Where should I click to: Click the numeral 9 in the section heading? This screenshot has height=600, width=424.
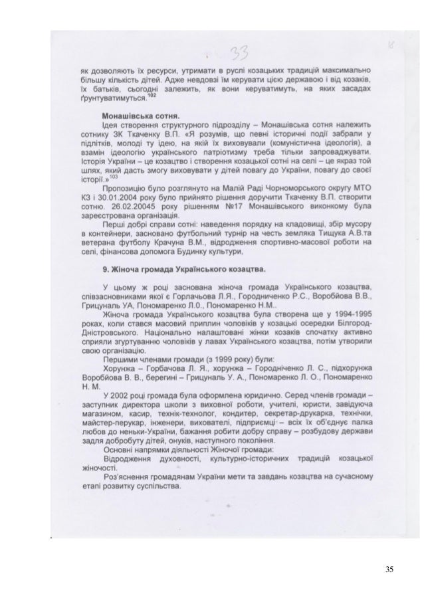click(x=104, y=270)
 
